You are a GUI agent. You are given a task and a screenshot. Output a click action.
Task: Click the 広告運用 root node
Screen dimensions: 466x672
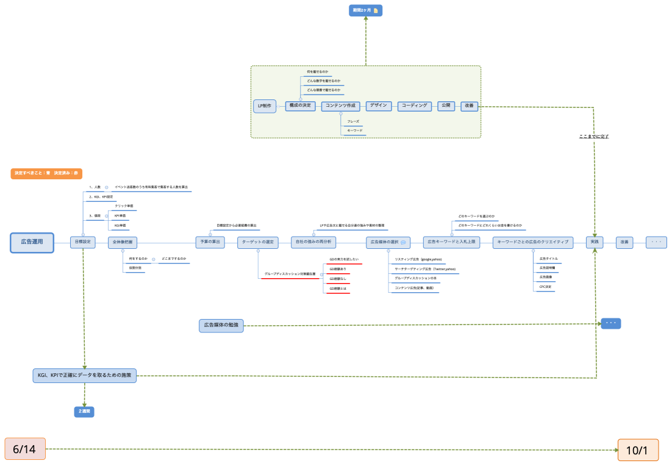click(x=32, y=242)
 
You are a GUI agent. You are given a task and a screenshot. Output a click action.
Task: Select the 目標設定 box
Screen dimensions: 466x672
click(x=82, y=242)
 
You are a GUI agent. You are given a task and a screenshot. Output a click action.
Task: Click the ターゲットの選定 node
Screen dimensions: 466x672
click(x=258, y=242)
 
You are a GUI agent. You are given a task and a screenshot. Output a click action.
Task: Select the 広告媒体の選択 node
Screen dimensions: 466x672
click(x=388, y=242)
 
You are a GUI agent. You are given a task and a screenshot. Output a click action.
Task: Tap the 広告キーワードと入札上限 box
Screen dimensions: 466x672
click(x=452, y=242)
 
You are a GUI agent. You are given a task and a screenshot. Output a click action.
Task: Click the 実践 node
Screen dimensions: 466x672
click(x=595, y=242)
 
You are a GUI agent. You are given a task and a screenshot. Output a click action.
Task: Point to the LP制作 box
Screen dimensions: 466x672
click(x=265, y=106)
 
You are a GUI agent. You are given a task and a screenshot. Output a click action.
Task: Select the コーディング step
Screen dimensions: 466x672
click(x=415, y=106)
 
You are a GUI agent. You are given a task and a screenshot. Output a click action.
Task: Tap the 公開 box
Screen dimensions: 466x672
click(x=446, y=106)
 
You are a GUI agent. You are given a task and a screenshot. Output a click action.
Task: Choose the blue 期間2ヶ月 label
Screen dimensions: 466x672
click(x=366, y=10)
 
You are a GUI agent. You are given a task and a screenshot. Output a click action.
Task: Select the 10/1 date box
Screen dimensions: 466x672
click(x=638, y=450)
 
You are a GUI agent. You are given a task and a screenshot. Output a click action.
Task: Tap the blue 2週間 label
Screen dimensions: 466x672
click(x=84, y=412)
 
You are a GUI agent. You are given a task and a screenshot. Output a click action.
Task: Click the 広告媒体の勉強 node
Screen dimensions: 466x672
click(x=221, y=326)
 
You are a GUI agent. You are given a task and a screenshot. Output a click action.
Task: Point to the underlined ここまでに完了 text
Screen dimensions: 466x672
click(x=594, y=136)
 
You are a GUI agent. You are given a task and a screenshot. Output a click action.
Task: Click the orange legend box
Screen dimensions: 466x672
click(x=46, y=173)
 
